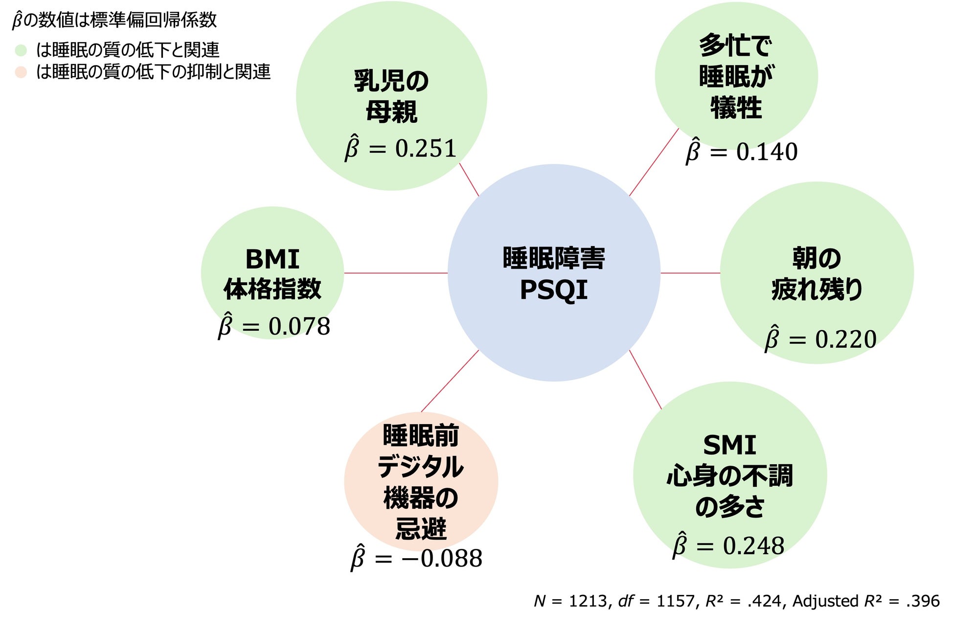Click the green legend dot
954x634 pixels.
click(x=21, y=50)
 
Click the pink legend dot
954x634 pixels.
click(x=21, y=72)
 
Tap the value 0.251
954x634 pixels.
click(x=426, y=149)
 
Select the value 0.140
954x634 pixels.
click(x=767, y=152)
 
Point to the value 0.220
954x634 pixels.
click(x=845, y=340)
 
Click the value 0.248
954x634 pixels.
click(x=753, y=546)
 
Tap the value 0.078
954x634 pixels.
click(x=299, y=327)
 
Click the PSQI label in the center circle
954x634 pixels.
click(x=553, y=290)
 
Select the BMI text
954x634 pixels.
click(x=272, y=259)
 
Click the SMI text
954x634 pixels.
click(x=729, y=445)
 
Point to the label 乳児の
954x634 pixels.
click(x=391, y=81)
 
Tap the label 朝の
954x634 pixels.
click(x=816, y=258)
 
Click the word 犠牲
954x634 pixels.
click(x=736, y=108)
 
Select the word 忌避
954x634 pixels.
click(x=421, y=529)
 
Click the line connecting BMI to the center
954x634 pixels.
click(x=395, y=273)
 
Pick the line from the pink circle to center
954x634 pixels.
click(x=450, y=381)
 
